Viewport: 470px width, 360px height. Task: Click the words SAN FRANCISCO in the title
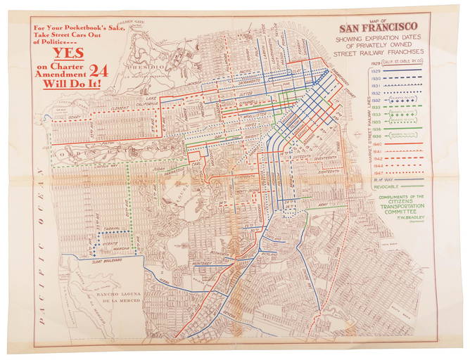[394, 30]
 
